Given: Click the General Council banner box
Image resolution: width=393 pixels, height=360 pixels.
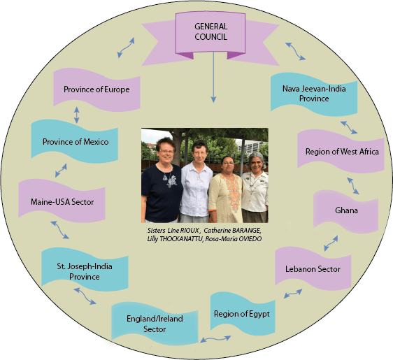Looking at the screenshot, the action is tap(210, 33).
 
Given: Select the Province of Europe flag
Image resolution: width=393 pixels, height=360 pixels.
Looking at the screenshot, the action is tap(97, 89).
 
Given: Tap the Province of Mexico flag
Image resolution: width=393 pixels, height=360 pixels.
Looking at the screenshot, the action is tap(74, 141).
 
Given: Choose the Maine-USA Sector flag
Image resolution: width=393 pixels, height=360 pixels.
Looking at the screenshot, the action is tap(62, 201).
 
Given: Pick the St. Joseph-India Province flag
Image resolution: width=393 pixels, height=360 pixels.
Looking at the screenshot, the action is tap(85, 270).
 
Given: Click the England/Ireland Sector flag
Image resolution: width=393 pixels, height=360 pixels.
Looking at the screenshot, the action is tap(155, 324).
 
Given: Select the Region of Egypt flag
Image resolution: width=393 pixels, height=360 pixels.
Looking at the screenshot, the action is tap(243, 314).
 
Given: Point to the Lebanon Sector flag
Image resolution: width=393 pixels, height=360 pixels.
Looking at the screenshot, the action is tap(313, 268).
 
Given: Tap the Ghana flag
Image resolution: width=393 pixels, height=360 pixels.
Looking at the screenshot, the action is tap(346, 212).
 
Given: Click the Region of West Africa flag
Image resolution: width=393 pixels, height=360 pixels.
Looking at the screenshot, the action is tap(341, 151).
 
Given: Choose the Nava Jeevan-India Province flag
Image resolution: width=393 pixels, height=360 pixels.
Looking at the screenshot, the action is tap(314, 94).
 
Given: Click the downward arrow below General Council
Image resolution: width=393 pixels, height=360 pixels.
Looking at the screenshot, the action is tap(213, 77).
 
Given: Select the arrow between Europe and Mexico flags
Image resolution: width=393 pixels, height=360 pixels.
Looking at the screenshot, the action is tap(77, 115).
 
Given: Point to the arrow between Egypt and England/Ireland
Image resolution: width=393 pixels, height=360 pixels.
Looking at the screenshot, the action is tap(215, 339).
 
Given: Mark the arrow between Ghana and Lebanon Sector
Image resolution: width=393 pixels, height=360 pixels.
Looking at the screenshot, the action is tap(331, 243).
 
